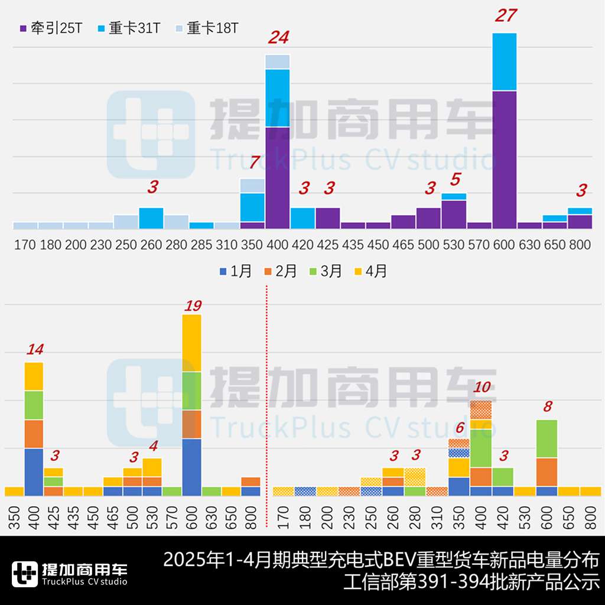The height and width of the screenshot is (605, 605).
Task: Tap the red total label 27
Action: [506, 15]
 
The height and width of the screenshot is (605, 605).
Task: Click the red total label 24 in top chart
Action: [278, 38]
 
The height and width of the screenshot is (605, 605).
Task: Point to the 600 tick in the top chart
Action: [504, 245]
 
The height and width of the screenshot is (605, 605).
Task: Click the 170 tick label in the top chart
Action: [25, 245]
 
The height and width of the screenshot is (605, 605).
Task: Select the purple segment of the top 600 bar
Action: [504, 160]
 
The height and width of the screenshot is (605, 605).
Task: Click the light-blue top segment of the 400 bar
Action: [277, 61]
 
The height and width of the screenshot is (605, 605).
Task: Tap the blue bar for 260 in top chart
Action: [151, 217]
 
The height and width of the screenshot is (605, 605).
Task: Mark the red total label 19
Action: [193, 305]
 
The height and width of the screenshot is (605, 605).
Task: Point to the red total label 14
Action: [35, 349]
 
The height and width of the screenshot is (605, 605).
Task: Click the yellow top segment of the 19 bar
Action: [191, 343]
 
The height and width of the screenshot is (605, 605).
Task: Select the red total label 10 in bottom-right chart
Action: [482, 388]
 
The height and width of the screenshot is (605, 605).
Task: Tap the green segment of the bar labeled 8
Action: [547, 438]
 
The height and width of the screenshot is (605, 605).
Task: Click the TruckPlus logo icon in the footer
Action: [24, 574]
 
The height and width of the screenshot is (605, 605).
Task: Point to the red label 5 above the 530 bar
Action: [455, 179]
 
